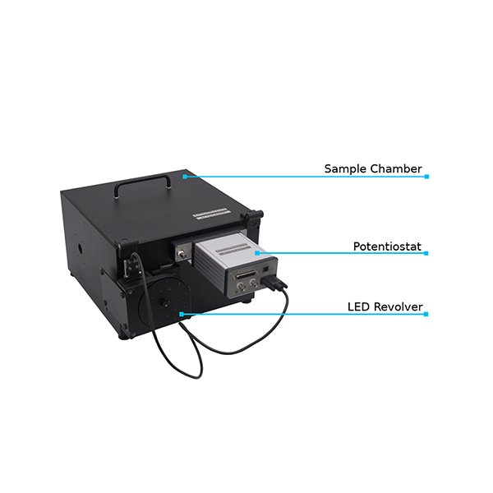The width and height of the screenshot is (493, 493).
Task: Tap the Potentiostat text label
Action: click(x=387, y=246)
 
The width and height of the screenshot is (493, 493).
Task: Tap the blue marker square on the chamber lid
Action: click(x=185, y=177)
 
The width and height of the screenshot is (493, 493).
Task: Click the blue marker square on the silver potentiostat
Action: click(x=257, y=253)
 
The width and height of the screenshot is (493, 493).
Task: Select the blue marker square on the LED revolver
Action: click(x=182, y=314)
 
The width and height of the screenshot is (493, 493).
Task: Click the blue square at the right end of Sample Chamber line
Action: click(x=426, y=177)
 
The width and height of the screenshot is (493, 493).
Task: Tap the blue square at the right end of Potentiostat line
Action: click(x=426, y=253)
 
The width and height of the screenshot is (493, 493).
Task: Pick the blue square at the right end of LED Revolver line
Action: click(x=426, y=314)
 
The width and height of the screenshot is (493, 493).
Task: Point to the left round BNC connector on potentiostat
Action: click(x=242, y=287)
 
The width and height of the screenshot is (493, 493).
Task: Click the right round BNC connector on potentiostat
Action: click(x=253, y=283)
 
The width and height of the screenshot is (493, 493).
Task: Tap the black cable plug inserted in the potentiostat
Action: click(x=274, y=282)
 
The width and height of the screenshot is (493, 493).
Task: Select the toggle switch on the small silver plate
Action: click(x=182, y=254)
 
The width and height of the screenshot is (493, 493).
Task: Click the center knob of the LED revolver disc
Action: click(x=164, y=302)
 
